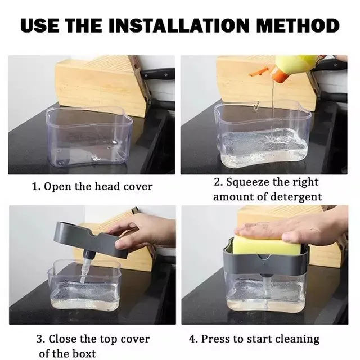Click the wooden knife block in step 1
click(x=101, y=84)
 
